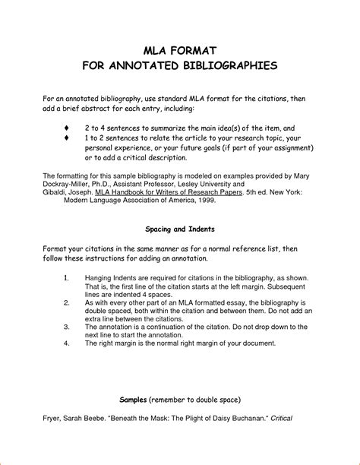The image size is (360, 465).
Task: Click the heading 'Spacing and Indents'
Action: pos(180,228)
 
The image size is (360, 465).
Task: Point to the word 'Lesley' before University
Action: pos(186,184)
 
